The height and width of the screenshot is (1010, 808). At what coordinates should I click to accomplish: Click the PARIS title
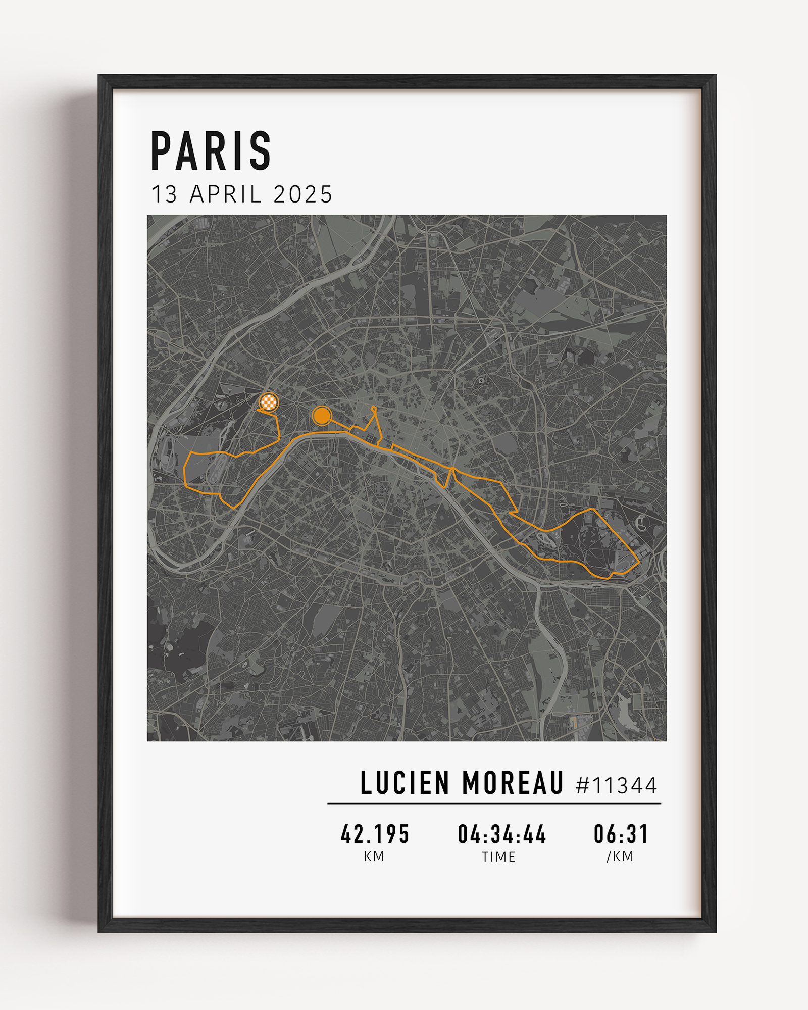pyautogui.click(x=211, y=150)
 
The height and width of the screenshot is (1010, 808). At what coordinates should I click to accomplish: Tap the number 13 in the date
pyautogui.click(x=165, y=195)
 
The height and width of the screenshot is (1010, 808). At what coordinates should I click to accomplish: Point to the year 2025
pyautogui.click(x=303, y=195)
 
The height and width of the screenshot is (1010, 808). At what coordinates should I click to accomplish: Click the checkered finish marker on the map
pyautogui.click(x=269, y=402)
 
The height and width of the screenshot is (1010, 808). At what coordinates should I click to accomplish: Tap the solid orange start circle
pyautogui.click(x=321, y=416)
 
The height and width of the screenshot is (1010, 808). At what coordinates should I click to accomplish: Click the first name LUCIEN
pyautogui.click(x=405, y=783)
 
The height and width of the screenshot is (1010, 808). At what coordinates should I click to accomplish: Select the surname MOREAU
pyautogui.click(x=513, y=783)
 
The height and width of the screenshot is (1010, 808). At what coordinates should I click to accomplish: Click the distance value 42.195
pyautogui.click(x=375, y=834)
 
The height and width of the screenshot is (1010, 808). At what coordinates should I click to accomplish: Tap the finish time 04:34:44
pyautogui.click(x=501, y=834)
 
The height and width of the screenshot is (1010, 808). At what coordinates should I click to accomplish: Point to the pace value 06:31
pyautogui.click(x=621, y=834)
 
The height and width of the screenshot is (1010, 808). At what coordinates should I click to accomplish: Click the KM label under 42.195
pyautogui.click(x=374, y=856)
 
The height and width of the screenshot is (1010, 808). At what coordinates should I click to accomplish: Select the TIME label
pyautogui.click(x=499, y=856)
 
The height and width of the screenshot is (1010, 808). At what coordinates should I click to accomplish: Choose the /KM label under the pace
pyautogui.click(x=620, y=856)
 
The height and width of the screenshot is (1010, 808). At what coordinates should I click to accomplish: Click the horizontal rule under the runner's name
pyautogui.click(x=494, y=803)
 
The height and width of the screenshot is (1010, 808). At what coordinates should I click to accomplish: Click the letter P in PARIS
pyautogui.click(x=161, y=150)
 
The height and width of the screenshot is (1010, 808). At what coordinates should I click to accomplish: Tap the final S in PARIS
pyautogui.click(x=261, y=150)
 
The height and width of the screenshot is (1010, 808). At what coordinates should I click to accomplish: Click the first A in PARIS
pyautogui.click(x=186, y=150)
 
